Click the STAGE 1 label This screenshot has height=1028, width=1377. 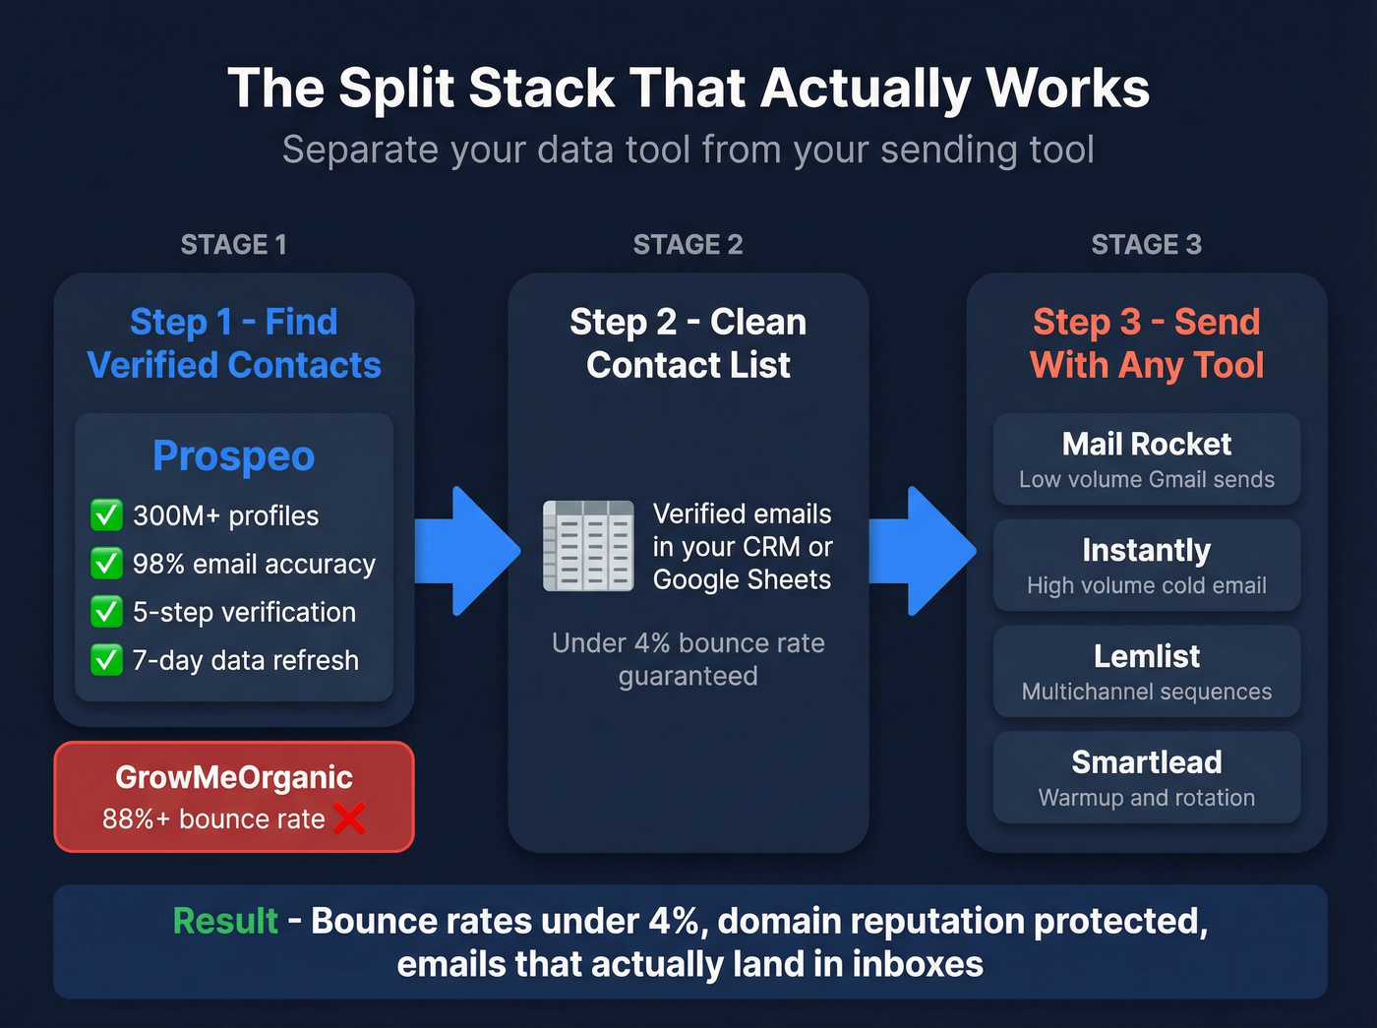(233, 244)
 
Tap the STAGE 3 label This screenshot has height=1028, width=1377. (1146, 244)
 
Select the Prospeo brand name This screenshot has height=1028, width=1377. (234, 456)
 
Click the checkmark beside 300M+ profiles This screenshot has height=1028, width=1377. (106, 514)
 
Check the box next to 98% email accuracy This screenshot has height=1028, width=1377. (106, 563)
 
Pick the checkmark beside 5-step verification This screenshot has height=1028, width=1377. (106, 611)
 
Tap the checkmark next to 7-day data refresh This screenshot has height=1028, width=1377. (106, 659)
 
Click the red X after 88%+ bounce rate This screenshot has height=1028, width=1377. (349, 817)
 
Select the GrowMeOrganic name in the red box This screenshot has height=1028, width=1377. (234, 777)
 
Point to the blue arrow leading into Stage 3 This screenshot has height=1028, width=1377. (921, 551)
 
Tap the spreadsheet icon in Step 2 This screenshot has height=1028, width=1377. (588, 546)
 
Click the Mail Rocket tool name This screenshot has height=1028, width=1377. (1146, 445)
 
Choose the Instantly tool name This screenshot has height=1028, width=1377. (1146, 551)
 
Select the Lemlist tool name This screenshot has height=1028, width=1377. (1146, 656)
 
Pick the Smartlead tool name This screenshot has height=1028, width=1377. (1146, 762)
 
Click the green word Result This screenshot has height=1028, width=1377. (225, 921)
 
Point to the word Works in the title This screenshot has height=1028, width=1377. (1067, 88)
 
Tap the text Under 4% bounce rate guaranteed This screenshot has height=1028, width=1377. (688, 659)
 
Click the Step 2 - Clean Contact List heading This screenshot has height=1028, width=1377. (688, 343)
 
